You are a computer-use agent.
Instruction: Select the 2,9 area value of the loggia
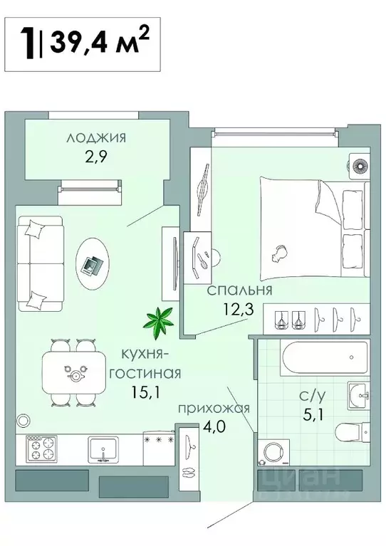(x=96, y=158)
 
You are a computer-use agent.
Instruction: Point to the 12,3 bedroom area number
(x=231, y=310)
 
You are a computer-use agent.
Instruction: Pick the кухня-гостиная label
(x=147, y=362)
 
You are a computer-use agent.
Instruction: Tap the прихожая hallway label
(x=213, y=408)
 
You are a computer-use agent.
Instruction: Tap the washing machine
(x=274, y=452)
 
